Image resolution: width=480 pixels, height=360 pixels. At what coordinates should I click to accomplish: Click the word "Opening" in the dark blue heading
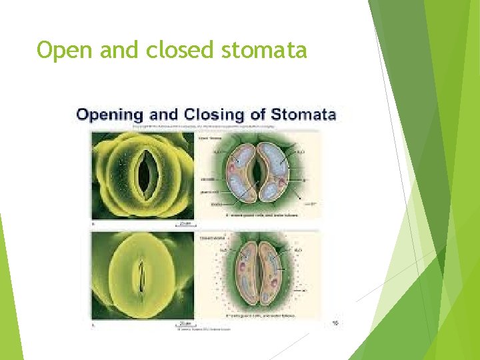coord(110,114)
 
